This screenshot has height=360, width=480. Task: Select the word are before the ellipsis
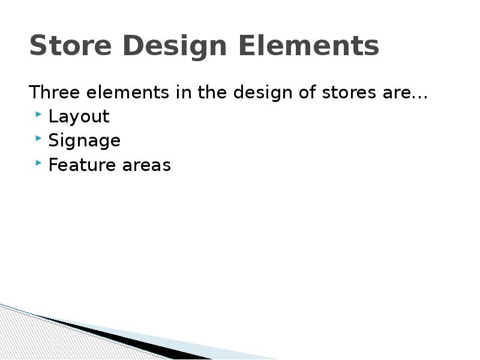pos(394,94)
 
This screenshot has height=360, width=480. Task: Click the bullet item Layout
pos(79,116)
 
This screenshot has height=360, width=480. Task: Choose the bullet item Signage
pos(84,141)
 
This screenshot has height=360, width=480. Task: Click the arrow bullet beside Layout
pos(39,114)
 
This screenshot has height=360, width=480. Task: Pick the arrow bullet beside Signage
pos(39,138)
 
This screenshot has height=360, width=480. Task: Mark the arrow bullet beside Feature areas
pos(39,162)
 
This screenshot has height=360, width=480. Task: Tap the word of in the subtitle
pos(305,93)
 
